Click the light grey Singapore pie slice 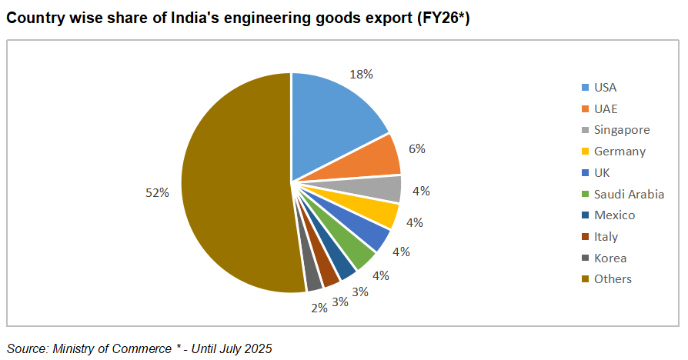[381, 189]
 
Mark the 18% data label [362, 74]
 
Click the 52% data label [157, 193]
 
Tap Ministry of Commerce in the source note [112, 348]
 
